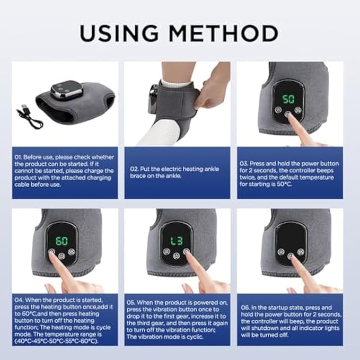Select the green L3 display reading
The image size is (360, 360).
pos(175,241)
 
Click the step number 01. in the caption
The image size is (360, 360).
pos(20,158)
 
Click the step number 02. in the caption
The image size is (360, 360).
pos(135,169)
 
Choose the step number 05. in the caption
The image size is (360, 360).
pos(134,302)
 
